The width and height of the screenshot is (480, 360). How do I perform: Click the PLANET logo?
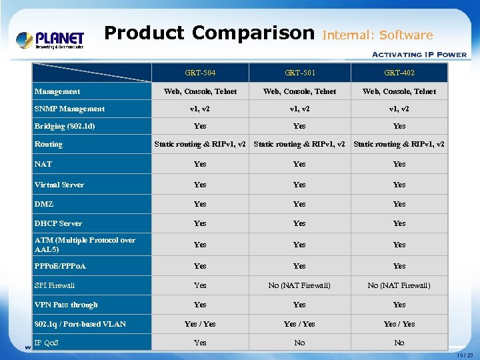pos(50,40)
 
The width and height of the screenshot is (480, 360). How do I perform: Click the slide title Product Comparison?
pos(209,33)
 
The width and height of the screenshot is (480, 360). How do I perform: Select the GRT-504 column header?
pos(200,73)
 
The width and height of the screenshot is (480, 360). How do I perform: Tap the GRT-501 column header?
pos(299,73)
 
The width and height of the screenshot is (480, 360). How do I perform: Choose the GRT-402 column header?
pos(399,73)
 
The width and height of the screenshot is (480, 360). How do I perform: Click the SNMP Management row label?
pos(69,109)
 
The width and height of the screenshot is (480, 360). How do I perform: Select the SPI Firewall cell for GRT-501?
pos(299,285)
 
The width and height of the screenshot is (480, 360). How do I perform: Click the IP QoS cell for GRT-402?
pos(399,343)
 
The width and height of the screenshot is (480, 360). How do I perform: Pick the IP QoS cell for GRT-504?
pos(200,343)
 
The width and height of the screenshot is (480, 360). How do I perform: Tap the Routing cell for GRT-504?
pos(200,144)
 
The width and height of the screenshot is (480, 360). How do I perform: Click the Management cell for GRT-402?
pos(399,91)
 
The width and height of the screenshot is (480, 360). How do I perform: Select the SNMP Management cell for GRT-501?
pos(299,109)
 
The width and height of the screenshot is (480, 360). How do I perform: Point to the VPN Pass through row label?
pos(66,305)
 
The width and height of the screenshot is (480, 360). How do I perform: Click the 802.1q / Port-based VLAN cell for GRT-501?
pos(299,324)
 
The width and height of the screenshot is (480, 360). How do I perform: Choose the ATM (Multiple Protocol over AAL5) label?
pos(85,245)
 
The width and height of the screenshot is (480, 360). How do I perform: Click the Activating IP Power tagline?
pos(419,55)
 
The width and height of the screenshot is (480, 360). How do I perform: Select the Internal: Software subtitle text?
pos(377,35)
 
